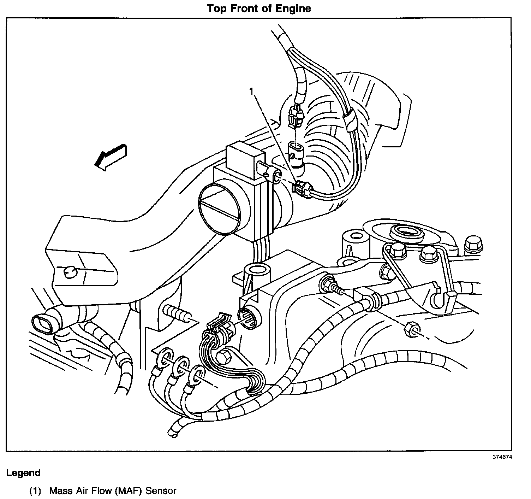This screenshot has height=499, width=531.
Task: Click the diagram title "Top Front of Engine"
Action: pos(259,8)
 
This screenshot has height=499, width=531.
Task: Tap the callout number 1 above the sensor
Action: pos(251,92)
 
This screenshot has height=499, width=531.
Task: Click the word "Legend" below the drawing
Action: pos(23,473)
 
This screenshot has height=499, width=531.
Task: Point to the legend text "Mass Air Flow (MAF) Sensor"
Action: pos(113,491)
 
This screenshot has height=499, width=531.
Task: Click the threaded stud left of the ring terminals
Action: pos(177,313)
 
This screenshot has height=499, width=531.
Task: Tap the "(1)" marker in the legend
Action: pos(35,491)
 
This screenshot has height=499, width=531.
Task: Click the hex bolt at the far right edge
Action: pos(473,243)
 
